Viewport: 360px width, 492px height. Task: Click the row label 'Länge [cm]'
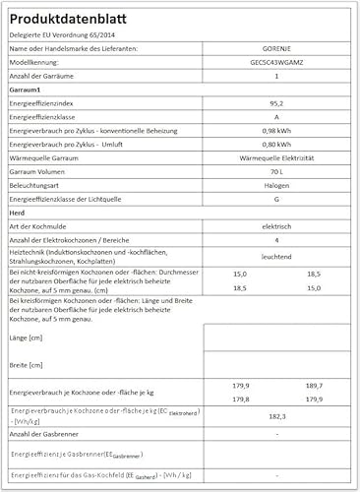[28, 337]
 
